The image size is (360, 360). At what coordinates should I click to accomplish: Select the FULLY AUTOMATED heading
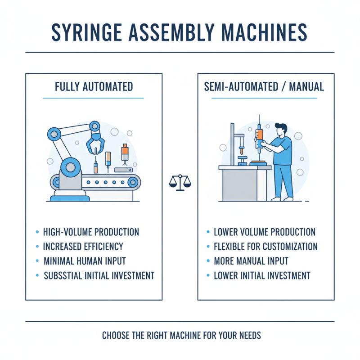tap(94, 86)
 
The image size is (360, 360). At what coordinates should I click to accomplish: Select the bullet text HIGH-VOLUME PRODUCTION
tap(91, 233)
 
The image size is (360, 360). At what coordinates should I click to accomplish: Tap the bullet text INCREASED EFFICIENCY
tap(83, 247)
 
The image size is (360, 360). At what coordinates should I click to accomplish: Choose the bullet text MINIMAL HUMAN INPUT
tap(85, 261)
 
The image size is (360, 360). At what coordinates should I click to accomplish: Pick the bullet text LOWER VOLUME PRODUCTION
tap(265, 233)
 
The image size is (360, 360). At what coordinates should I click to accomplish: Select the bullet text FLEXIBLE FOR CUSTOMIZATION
tap(265, 247)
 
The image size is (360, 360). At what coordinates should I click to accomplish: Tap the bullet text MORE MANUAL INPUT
tap(251, 261)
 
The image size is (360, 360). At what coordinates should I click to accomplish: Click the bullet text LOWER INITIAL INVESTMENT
tap(262, 275)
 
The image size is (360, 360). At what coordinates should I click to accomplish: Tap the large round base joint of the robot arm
tap(69, 167)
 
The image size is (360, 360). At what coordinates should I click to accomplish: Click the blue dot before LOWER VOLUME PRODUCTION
tap(208, 233)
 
